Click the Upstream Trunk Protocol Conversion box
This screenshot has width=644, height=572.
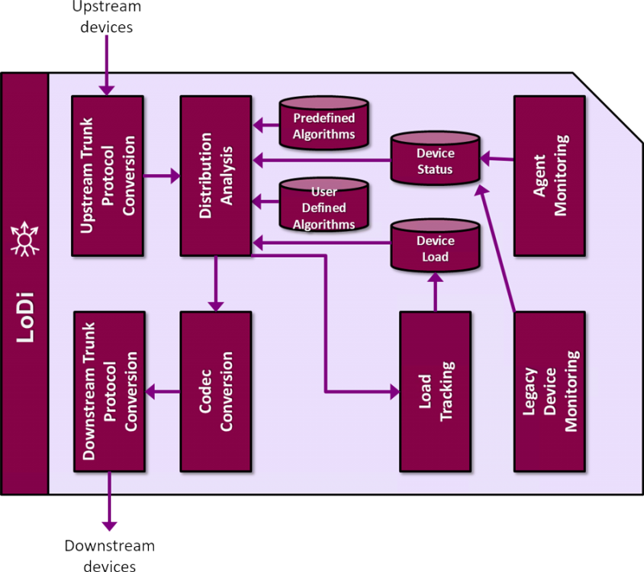107,176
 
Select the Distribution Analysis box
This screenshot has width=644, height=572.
215,176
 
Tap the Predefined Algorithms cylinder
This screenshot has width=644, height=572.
324,124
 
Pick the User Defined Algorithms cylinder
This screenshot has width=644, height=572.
324,208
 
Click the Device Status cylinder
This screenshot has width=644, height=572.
435,160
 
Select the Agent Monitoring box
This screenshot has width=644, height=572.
549,176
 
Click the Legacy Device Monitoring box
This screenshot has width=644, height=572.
549,391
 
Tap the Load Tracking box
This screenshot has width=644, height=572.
435,391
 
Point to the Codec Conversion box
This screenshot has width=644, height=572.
215,391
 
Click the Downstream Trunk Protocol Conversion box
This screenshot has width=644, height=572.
109,391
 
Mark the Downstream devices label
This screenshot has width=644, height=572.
109,555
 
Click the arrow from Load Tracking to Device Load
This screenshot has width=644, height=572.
435,292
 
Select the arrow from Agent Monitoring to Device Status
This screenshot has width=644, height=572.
497,159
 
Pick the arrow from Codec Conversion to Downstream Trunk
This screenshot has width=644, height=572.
163,392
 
